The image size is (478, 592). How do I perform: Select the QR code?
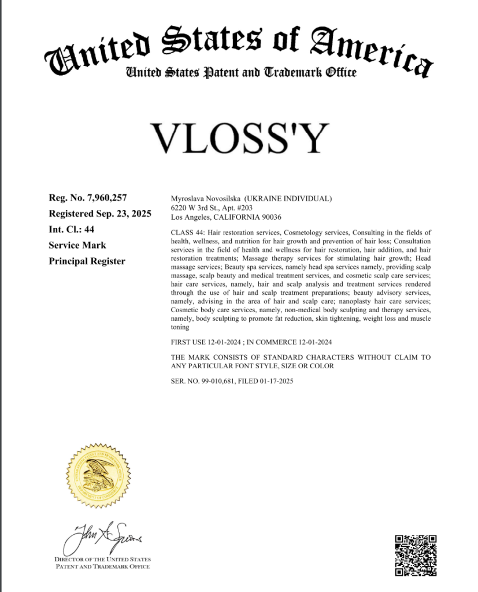(416, 555)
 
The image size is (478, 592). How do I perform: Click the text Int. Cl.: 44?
(72, 230)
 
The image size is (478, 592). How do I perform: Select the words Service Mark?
(77, 245)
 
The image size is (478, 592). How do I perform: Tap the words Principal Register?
(87, 261)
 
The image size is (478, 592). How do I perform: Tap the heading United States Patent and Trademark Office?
(240, 73)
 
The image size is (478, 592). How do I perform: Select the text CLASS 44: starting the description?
(187, 232)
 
